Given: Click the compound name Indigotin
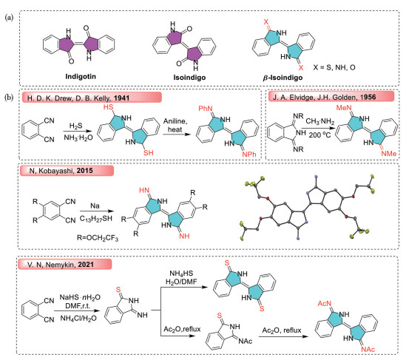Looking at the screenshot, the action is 81,76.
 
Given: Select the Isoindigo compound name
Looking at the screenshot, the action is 189,78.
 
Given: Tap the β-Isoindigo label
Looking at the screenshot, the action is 282,78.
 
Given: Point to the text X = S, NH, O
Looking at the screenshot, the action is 334,67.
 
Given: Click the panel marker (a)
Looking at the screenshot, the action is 9,18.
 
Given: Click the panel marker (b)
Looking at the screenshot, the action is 9,98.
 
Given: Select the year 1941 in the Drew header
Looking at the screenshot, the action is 121,98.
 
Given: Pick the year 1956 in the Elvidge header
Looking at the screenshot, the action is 368,97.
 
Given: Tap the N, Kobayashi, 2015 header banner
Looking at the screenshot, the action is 67,171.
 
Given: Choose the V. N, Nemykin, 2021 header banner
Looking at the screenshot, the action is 65,265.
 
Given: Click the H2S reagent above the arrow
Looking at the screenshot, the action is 75,126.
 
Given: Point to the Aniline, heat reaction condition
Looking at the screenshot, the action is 175,126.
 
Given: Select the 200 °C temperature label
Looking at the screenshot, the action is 319,135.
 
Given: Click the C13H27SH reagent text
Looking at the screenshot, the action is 96,219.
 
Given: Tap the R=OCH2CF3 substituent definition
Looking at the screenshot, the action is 98,238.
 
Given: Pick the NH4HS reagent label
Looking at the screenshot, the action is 181,274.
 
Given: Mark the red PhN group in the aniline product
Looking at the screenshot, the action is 206,109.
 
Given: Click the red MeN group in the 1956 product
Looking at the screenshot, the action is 344,108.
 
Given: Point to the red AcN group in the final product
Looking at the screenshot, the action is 325,304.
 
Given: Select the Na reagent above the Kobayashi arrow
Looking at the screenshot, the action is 95,206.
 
